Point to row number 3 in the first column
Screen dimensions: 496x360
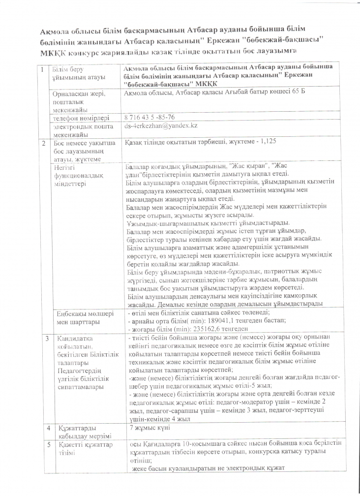[47, 339]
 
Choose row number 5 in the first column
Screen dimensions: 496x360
[48, 444]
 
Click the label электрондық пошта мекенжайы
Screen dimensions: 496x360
[84, 130]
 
